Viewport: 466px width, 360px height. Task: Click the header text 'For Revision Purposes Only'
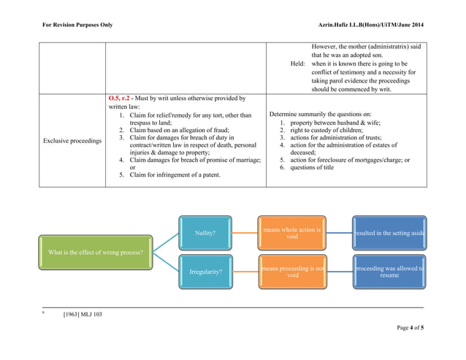coord(77,26)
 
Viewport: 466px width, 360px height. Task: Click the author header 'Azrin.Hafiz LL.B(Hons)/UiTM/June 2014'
coord(371,26)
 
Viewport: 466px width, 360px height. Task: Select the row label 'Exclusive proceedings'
coord(71,140)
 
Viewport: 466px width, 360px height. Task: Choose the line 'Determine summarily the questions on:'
coord(320,114)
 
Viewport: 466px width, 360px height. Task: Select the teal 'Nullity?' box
coord(205,233)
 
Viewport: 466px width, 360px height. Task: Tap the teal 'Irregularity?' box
coord(205,272)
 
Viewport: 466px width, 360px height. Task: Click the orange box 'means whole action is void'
coord(292,233)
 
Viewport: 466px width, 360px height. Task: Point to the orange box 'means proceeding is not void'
coord(292,272)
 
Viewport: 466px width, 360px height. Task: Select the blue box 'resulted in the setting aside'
coord(389,233)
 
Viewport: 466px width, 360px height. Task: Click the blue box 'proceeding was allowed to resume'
coord(389,272)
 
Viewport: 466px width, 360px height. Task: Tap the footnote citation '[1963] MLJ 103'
coord(87,314)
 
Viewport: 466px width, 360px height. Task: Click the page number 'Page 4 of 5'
coord(410,327)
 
